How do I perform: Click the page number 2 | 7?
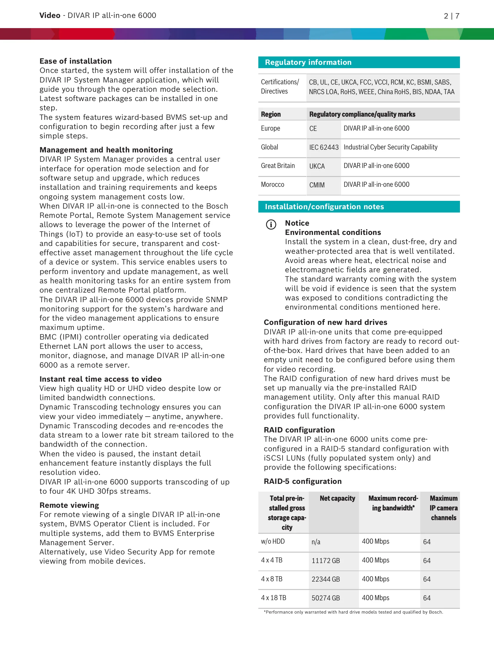click(x=451, y=16)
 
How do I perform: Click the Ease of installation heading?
click(x=76, y=61)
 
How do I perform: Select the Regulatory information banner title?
click(x=308, y=62)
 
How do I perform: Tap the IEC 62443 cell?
click(x=324, y=147)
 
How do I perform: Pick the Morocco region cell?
click(x=272, y=184)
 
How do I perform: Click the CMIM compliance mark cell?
click(x=317, y=185)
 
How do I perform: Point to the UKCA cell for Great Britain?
click(x=317, y=166)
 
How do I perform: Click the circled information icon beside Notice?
click(x=271, y=224)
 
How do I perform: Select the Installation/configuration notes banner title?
click(x=324, y=207)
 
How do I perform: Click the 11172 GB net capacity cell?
click(x=326, y=561)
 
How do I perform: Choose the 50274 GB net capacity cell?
click(x=326, y=598)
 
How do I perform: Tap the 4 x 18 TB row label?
click(x=274, y=598)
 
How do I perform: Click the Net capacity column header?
click(x=337, y=498)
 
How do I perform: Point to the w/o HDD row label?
click(x=273, y=541)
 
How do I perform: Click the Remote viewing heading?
click(x=69, y=505)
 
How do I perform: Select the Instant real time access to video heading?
click(x=100, y=379)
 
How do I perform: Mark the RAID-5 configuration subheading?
click(x=303, y=481)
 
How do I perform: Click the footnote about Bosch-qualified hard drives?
click(x=353, y=612)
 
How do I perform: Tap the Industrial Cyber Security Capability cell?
click(x=390, y=147)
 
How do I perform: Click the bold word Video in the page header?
click(x=50, y=16)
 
